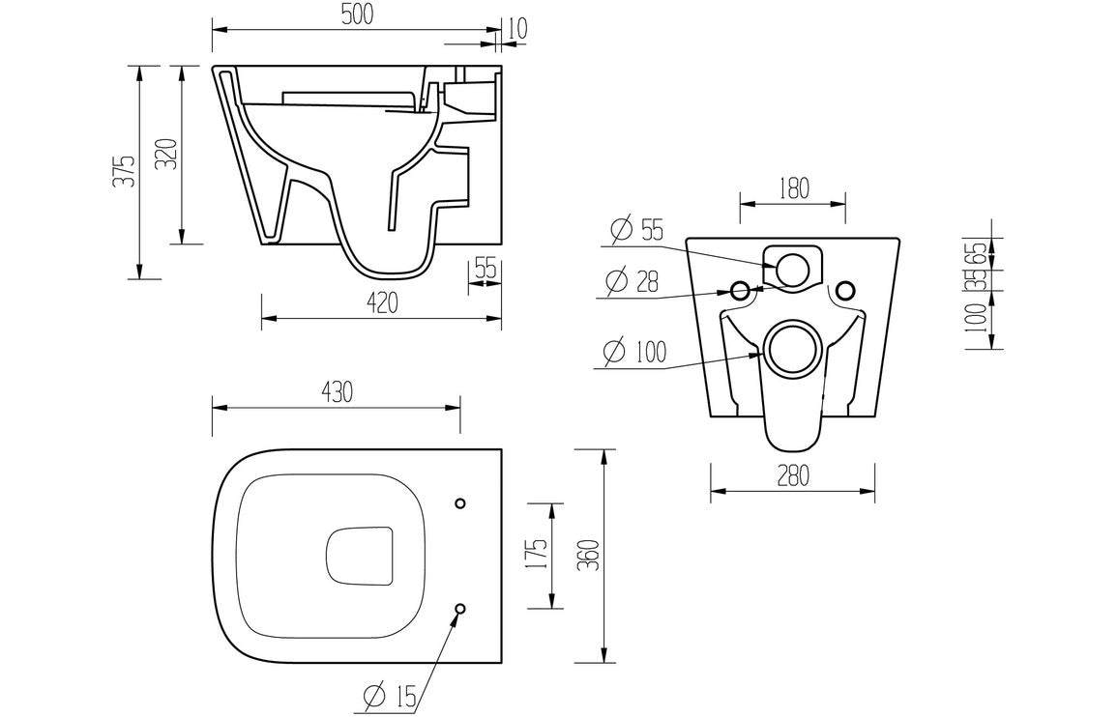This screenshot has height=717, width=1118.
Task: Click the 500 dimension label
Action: click(x=355, y=14)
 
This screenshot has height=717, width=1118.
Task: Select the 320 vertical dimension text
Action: click(x=167, y=155)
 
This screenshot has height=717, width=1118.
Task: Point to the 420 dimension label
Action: click(x=382, y=303)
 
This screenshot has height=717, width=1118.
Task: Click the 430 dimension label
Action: click(x=336, y=391)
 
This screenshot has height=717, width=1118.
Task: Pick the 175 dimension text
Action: click(x=539, y=557)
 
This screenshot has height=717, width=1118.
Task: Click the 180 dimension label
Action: click(x=792, y=188)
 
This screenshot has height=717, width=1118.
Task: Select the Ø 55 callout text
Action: click(x=636, y=231)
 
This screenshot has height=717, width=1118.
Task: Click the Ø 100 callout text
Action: click(x=634, y=353)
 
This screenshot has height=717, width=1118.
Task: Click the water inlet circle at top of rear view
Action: click(x=793, y=270)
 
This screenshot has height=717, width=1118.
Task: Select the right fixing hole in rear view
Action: click(x=845, y=290)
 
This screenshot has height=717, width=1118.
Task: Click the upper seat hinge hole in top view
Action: click(x=460, y=503)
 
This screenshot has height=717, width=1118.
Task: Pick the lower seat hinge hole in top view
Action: click(x=460, y=609)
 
